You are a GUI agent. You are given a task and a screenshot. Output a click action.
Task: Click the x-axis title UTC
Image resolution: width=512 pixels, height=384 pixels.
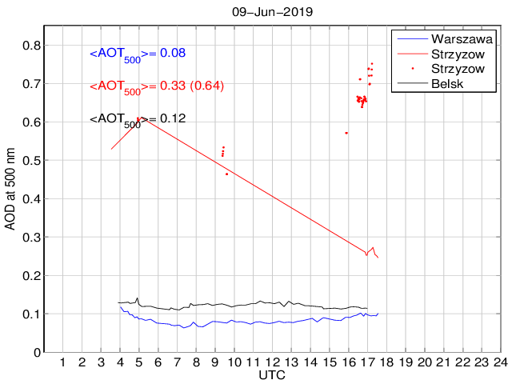pyautogui.click(x=272, y=374)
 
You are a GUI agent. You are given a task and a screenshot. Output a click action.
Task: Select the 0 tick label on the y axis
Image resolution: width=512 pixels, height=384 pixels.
pyautogui.click(x=36, y=353)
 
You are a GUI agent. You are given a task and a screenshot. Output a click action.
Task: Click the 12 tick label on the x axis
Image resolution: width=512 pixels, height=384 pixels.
pyautogui.click(x=272, y=362)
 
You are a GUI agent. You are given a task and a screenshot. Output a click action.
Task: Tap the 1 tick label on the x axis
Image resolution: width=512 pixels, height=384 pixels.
pyautogui.click(x=63, y=362)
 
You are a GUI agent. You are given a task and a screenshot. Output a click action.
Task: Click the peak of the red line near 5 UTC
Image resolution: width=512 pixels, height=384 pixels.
pyautogui.click(x=139, y=118)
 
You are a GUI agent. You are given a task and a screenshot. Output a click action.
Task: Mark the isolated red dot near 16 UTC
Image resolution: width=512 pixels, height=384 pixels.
pyautogui.click(x=346, y=133)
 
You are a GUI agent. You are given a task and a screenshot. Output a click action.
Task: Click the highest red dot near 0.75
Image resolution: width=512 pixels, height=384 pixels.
pyautogui.click(x=372, y=64)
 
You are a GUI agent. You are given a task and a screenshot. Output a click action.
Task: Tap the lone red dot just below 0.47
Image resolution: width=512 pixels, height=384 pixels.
pyautogui.click(x=226, y=174)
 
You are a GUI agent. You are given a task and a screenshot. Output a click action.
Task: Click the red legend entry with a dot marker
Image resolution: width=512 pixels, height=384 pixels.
pyautogui.click(x=458, y=69)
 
